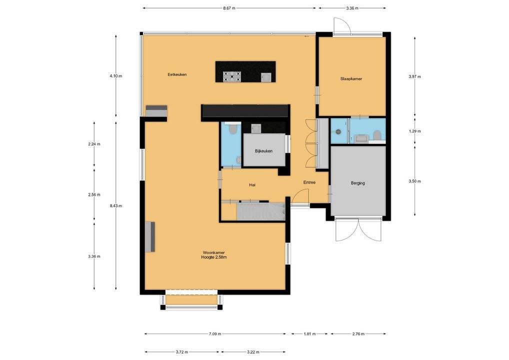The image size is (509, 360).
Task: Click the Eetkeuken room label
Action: click(177, 74)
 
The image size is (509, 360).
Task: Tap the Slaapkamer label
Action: click(351, 79)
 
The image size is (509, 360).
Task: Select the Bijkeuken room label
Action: click(263, 151)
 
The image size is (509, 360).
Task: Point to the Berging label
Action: click(357, 183)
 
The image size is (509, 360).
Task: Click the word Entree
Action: click(309, 182)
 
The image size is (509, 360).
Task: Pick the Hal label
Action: click(252, 185)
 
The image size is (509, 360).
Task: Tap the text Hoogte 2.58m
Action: click(214, 257)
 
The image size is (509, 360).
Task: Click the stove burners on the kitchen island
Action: click(232, 76)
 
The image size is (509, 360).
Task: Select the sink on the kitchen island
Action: click(266, 77)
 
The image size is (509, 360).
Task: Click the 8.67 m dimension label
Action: click(229, 8)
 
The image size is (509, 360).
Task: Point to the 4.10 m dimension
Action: click(116, 76)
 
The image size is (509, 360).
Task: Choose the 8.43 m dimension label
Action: click(116, 206)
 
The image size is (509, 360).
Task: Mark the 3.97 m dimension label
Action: click(414, 77)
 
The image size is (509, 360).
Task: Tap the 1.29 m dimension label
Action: click(414, 131)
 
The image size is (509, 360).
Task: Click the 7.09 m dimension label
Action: click(215, 333)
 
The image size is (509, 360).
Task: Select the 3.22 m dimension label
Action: click(253, 352)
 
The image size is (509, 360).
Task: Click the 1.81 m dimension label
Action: click(309, 333)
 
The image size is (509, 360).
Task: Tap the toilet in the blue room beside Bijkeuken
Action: click(232, 130)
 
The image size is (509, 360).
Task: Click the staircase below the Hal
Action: click(261, 211)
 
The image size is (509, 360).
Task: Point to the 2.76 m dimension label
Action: click(358, 333)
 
